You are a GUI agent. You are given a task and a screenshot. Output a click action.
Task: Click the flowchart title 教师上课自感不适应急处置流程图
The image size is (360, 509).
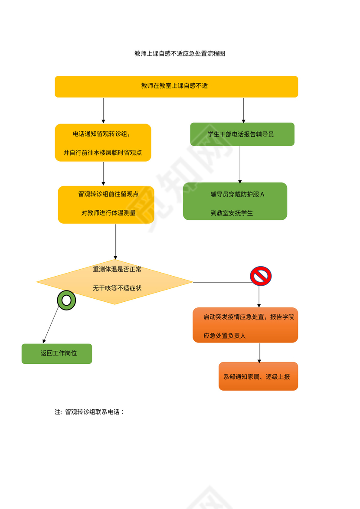[x=180, y=54]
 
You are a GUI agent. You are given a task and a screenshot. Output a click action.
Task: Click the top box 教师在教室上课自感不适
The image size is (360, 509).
[x=176, y=86]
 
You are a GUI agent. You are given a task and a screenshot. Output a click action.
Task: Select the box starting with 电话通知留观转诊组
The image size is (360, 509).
[x=103, y=143]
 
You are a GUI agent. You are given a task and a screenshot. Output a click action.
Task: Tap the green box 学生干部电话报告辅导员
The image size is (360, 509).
[x=242, y=134]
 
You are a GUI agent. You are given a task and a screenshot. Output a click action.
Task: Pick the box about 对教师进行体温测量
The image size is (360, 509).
[x=106, y=205]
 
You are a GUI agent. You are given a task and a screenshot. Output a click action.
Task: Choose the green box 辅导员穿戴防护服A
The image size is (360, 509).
[x=235, y=201]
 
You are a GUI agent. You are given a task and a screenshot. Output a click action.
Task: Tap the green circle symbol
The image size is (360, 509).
[x=66, y=300]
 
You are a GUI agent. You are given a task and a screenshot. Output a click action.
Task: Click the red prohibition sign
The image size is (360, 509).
[x=261, y=276]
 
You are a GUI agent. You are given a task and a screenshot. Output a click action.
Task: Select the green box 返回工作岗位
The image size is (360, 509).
[x=57, y=353]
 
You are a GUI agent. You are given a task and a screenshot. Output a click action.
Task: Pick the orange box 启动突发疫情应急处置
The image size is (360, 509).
[x=245, y=325]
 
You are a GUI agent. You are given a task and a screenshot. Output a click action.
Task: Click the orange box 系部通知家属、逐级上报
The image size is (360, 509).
[x=258, y=376]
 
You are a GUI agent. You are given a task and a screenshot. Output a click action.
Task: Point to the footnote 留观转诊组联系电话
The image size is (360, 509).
[x=90, y=412]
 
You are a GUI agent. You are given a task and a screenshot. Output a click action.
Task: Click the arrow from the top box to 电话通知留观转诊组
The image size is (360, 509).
[x=103, y=111]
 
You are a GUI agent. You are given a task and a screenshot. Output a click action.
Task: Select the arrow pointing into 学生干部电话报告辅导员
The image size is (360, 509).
[x=243, y=110]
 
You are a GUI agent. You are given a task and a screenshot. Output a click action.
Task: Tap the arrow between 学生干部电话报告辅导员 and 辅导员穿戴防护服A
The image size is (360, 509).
[x=240, y=164]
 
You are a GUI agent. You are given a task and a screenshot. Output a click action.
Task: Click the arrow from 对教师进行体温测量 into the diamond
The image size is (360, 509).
[x=115, y=241]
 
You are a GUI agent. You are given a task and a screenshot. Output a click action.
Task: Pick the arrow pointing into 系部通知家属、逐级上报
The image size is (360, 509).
[x=259, y=352]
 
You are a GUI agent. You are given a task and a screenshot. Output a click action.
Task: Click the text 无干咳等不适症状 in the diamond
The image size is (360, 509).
[x=117, y=288]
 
